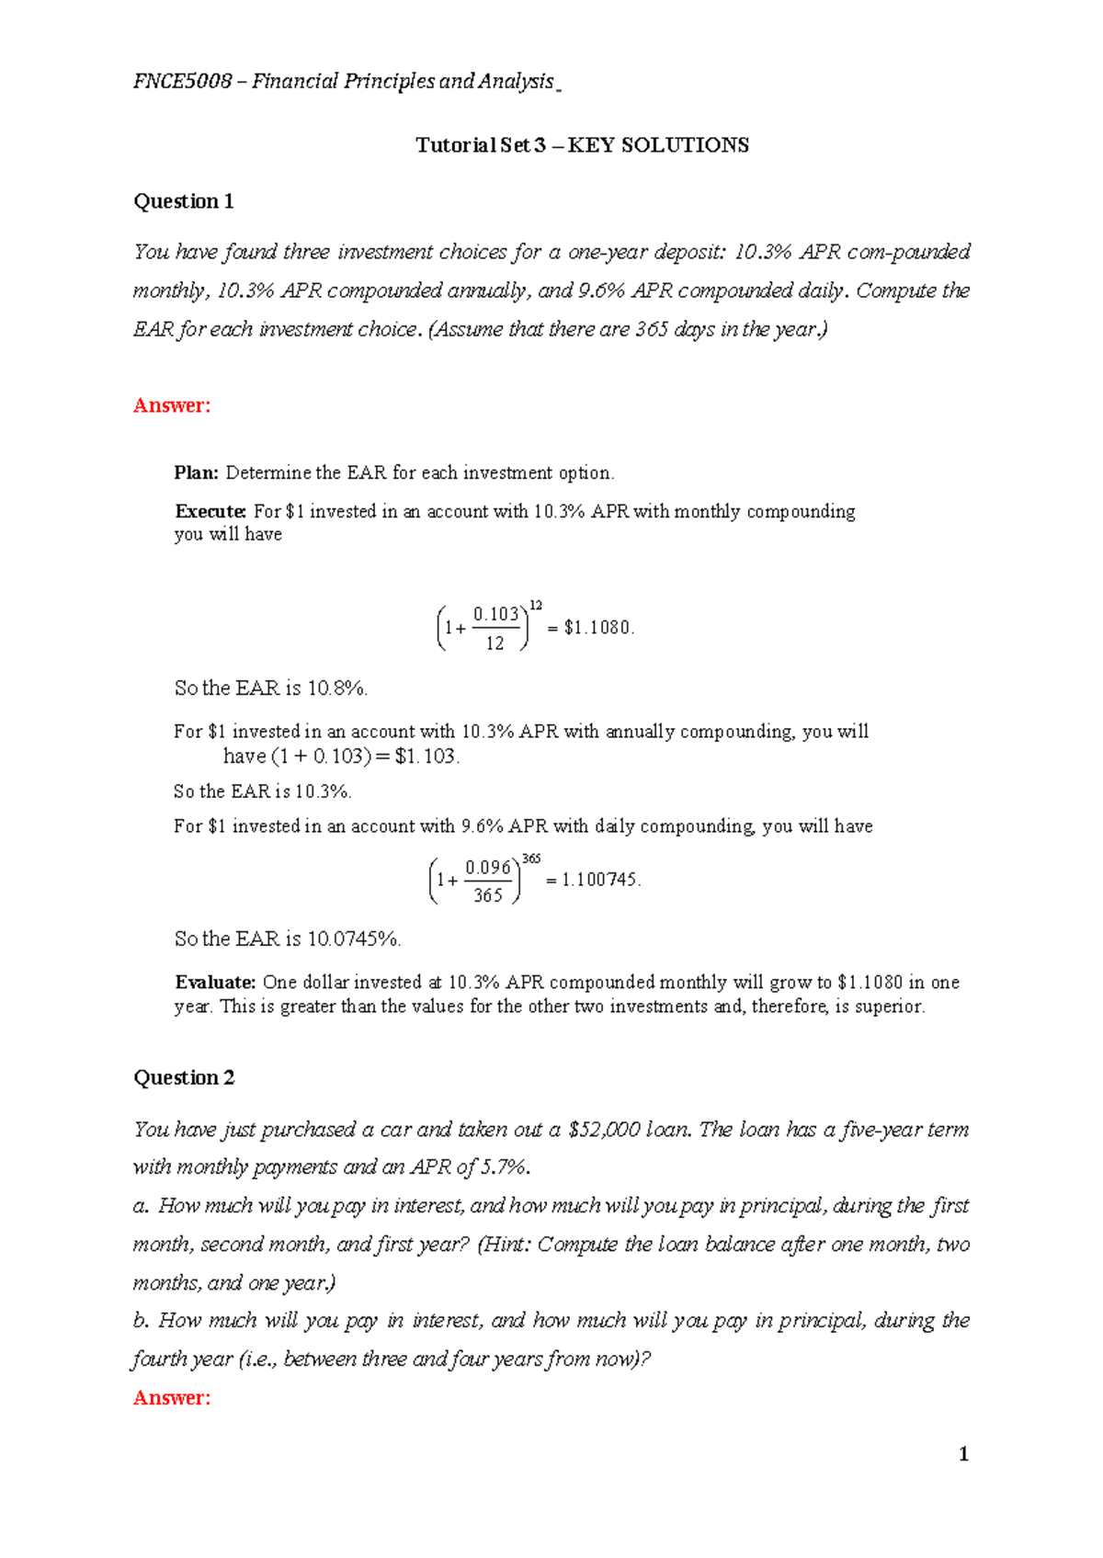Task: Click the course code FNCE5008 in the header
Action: click(x=182, y=82)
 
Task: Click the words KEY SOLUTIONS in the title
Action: click(x=658, y=145)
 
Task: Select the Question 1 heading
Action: click(x=184, y=201)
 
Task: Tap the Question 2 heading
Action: click(x=184, y=1077)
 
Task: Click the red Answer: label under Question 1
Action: click(x=172, y=405)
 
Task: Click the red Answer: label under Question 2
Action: click(x=172, y=1398)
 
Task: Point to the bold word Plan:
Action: click(x=196, y=473)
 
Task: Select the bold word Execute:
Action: click(x=210, y=512)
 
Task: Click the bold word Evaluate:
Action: click(x=215, y=983)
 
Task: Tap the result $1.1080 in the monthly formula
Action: click(x=597, y=628)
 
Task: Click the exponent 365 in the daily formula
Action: click(x=531, y=859)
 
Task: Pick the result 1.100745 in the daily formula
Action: click(x=599, y=880)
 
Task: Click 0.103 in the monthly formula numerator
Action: click(x=495, y=614)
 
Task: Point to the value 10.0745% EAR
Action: click(x=353, y=938)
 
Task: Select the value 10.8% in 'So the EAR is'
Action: click(x=336, y=688)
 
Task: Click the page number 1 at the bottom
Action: click(x=963, y=1454)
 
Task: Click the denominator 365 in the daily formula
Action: click(x=487, y=895)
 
